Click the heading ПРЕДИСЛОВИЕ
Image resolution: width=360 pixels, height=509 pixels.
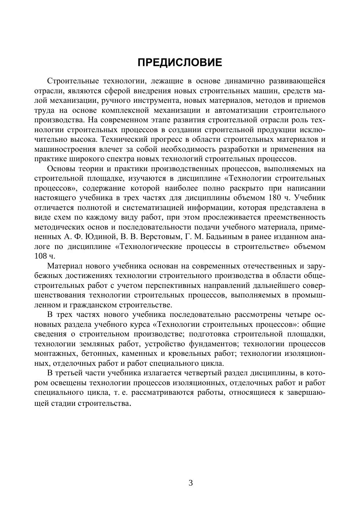pos(180,62)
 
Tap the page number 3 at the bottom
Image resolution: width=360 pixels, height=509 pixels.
pos(191,483)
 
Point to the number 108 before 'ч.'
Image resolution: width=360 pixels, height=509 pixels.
pos(40,256)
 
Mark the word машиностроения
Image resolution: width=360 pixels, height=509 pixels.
pos(65,149)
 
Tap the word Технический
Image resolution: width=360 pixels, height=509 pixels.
pos(124,140)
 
